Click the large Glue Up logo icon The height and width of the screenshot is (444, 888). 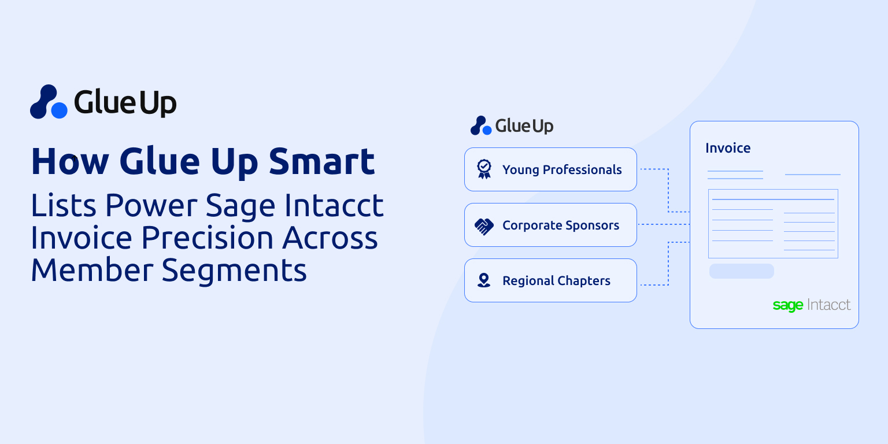(49, 102)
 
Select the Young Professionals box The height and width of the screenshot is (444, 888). (550, 169)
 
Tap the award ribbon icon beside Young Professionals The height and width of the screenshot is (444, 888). (484, 169)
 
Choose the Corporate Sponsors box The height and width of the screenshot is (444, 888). (550, 225)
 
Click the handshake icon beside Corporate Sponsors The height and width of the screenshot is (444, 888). (484, 225)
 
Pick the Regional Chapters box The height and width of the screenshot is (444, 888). (550, 280)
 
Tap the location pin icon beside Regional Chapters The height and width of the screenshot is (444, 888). (484, 280)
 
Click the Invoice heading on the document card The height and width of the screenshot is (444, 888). (728, 148)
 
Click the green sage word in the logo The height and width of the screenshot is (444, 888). (787, 305)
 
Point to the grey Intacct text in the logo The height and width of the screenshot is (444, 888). (829, 305)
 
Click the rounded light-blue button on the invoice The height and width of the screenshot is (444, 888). (741, 271)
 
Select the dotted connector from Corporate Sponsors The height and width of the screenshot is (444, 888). (663, 224)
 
